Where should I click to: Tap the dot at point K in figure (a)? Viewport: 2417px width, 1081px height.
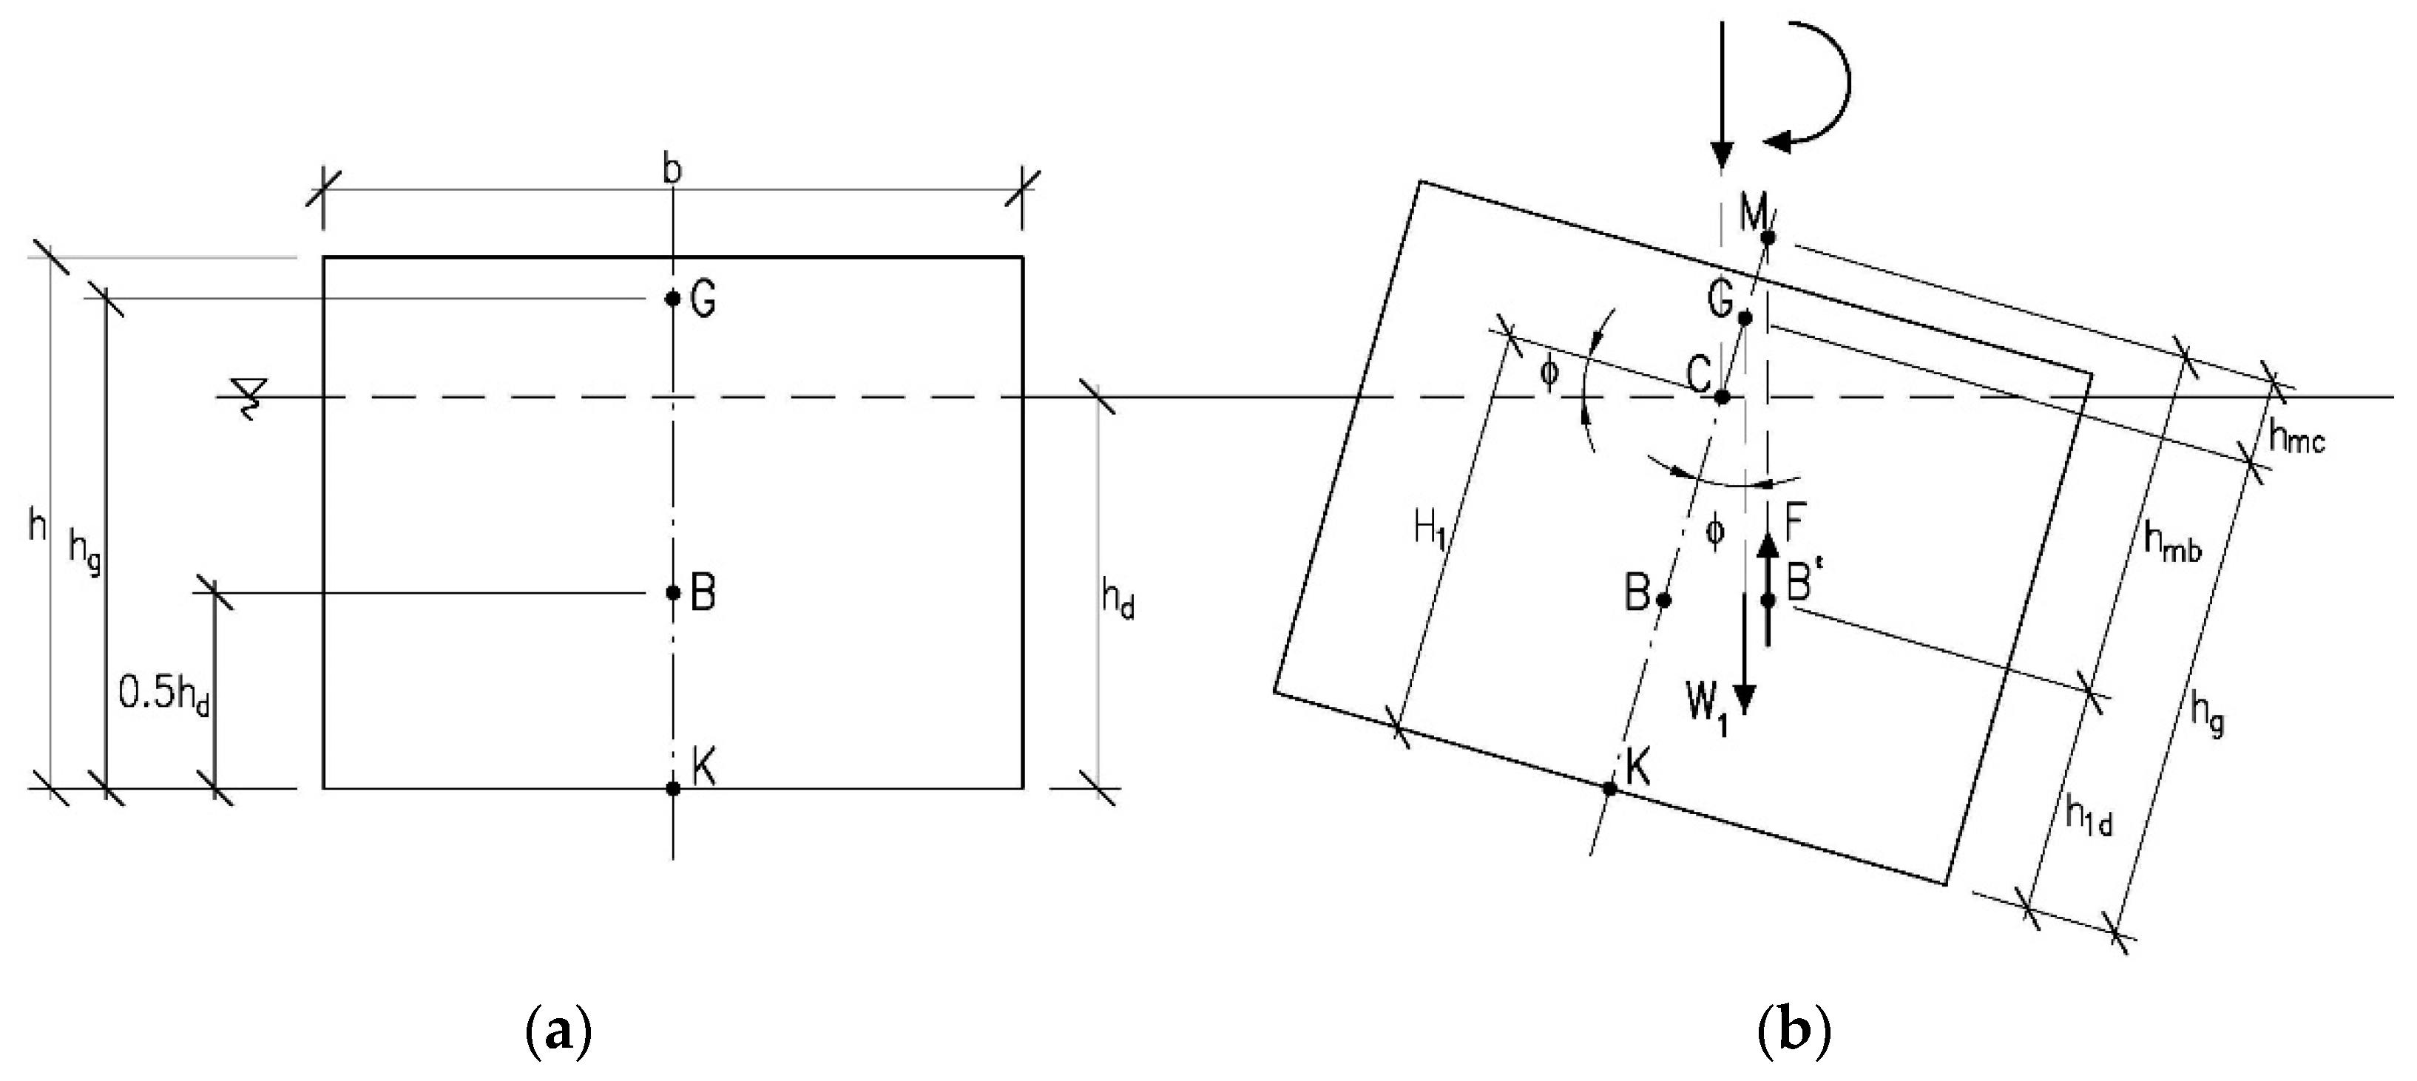[x=673, y=788]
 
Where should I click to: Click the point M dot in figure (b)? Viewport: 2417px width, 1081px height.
[x=1768, y=237]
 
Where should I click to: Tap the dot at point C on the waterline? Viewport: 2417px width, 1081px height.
[x=1722, y=397]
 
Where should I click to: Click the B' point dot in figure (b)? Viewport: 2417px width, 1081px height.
[x=1768, y=600]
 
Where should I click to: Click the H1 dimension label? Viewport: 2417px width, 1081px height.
[x=1430, y=530]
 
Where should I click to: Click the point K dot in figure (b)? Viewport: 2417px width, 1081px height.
[x=1610, y=788]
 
